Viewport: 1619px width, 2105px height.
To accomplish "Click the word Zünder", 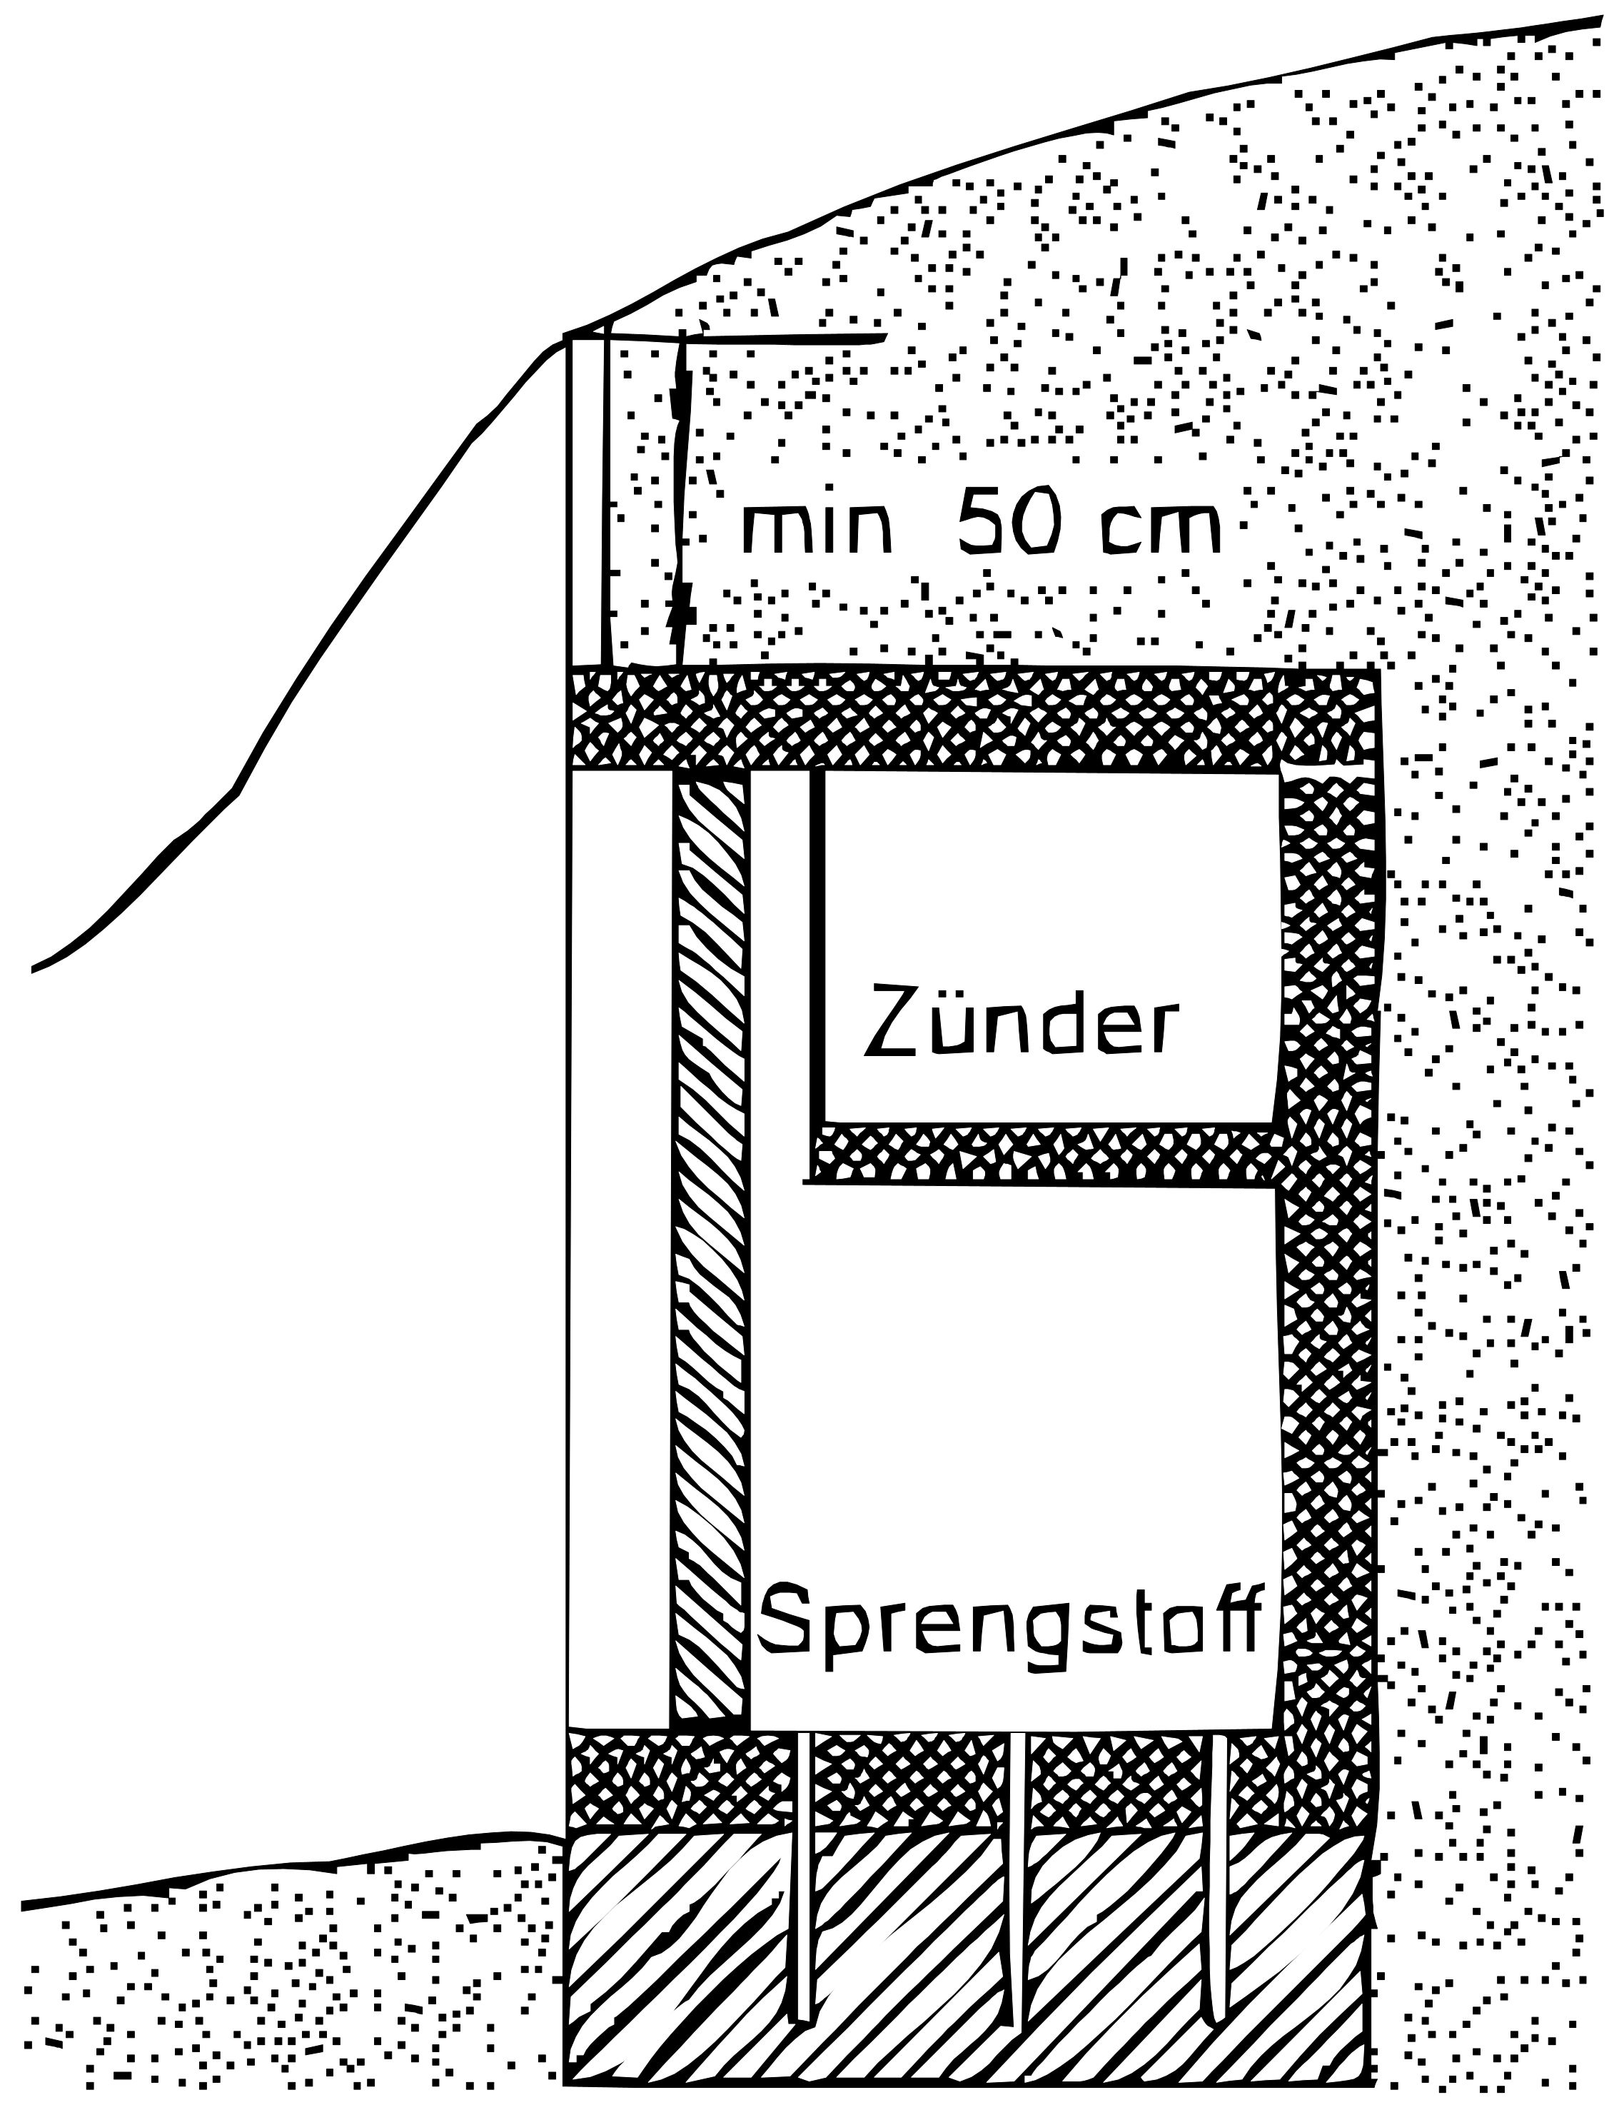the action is pos(1021,1019).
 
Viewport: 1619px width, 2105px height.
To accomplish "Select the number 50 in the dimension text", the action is pos(1009,521).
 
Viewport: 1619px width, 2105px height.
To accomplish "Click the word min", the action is pos(817,529).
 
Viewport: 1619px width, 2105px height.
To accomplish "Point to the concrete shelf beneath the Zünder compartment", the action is pos(1046,1154).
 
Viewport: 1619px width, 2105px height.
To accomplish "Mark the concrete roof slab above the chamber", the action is pos(974,719).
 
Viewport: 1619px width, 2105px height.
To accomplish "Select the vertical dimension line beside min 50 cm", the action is pos(680,501).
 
